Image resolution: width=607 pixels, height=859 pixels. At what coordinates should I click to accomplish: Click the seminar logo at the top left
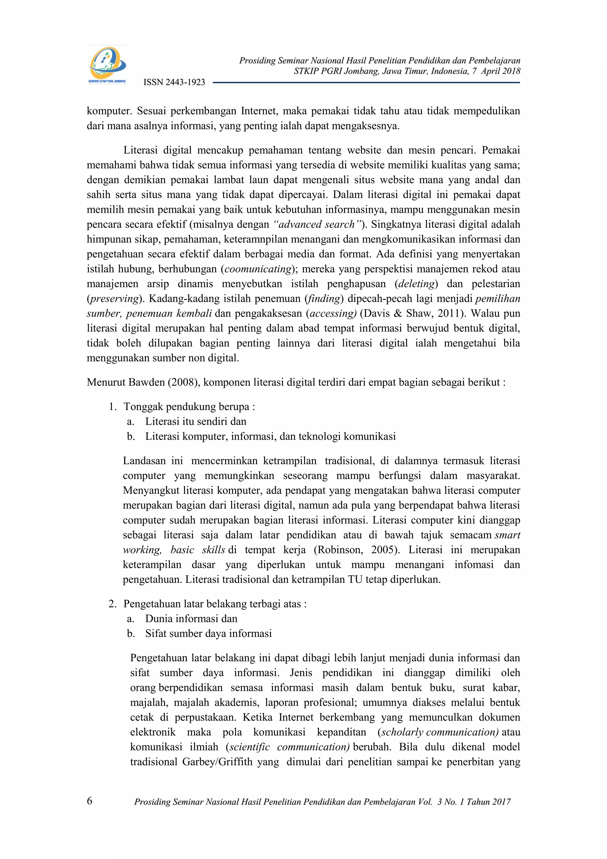(107, 64)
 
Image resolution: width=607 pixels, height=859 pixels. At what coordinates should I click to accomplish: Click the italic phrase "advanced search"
(317, 224)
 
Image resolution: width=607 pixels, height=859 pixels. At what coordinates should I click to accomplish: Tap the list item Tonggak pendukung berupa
(189, 407)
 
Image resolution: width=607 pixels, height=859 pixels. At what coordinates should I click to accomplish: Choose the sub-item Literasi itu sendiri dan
(196, 422)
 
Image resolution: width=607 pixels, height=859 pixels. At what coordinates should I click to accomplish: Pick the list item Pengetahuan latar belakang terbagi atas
(215, 604)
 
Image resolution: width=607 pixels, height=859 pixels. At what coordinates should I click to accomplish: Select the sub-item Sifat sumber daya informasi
(208, 633)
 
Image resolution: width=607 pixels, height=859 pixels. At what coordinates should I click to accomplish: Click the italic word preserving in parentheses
(114, 299)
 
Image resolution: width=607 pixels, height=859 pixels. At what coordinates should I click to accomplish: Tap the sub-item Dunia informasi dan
(191, 619)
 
